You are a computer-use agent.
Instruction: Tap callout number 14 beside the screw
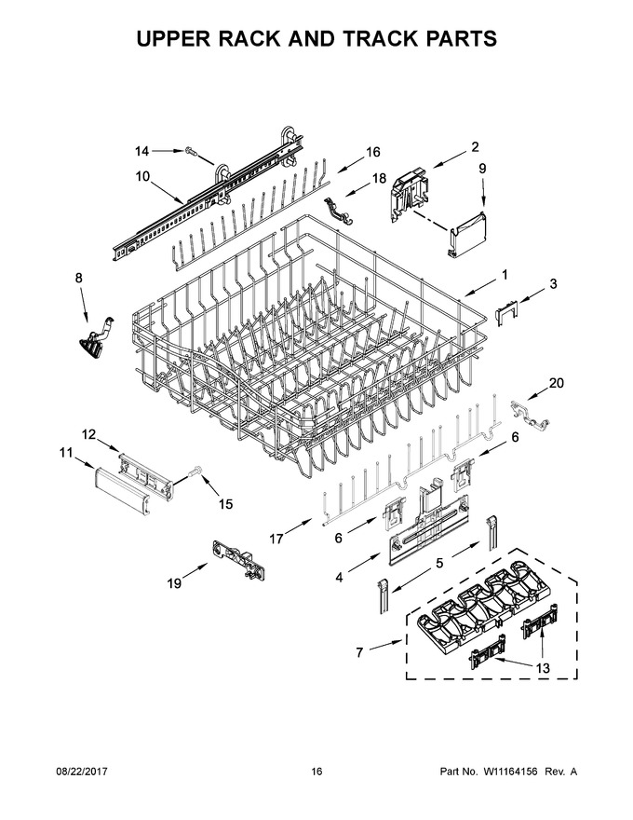click(141, 151)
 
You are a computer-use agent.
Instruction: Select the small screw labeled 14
click(191, 152)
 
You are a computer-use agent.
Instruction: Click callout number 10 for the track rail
click(142, 176)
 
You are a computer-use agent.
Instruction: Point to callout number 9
click(482, 169)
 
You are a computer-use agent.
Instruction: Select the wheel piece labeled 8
click(96, 342)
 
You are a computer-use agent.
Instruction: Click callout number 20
click(557, 383)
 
